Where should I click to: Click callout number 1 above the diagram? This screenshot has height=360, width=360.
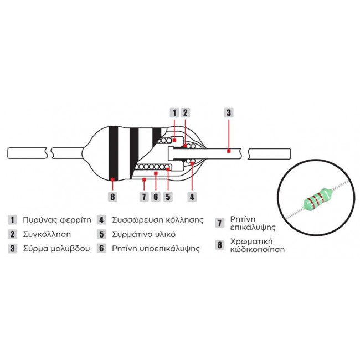(174, 112)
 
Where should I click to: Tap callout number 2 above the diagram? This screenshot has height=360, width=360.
(186, 112)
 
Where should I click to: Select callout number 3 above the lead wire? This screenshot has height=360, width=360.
(229, 112)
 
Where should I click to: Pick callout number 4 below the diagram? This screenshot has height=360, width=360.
(192, 197)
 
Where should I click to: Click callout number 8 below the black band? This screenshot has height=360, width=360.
(112, 197)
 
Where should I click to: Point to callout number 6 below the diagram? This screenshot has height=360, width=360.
(156, 197)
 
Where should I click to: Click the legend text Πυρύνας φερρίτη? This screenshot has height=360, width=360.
(57, 220)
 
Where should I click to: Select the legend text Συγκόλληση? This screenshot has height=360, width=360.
(47, 234)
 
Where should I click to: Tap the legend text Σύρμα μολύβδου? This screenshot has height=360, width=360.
(56, 249)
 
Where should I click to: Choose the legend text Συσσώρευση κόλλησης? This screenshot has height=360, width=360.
(158, 220)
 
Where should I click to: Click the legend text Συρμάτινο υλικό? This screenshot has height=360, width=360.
(144, 234)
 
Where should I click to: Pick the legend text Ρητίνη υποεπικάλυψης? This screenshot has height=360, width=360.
(156, 249)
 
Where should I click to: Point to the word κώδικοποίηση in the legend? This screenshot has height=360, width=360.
(258, 249)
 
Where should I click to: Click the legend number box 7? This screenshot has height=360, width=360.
(220, 223)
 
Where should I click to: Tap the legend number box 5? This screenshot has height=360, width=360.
(101, 234)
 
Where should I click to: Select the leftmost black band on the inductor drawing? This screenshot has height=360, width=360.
(113, 153)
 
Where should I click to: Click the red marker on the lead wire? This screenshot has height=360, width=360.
(229, 151)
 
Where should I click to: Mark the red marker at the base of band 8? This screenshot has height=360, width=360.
(112, 179)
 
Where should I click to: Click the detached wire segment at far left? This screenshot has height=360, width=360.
(28, 153)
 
